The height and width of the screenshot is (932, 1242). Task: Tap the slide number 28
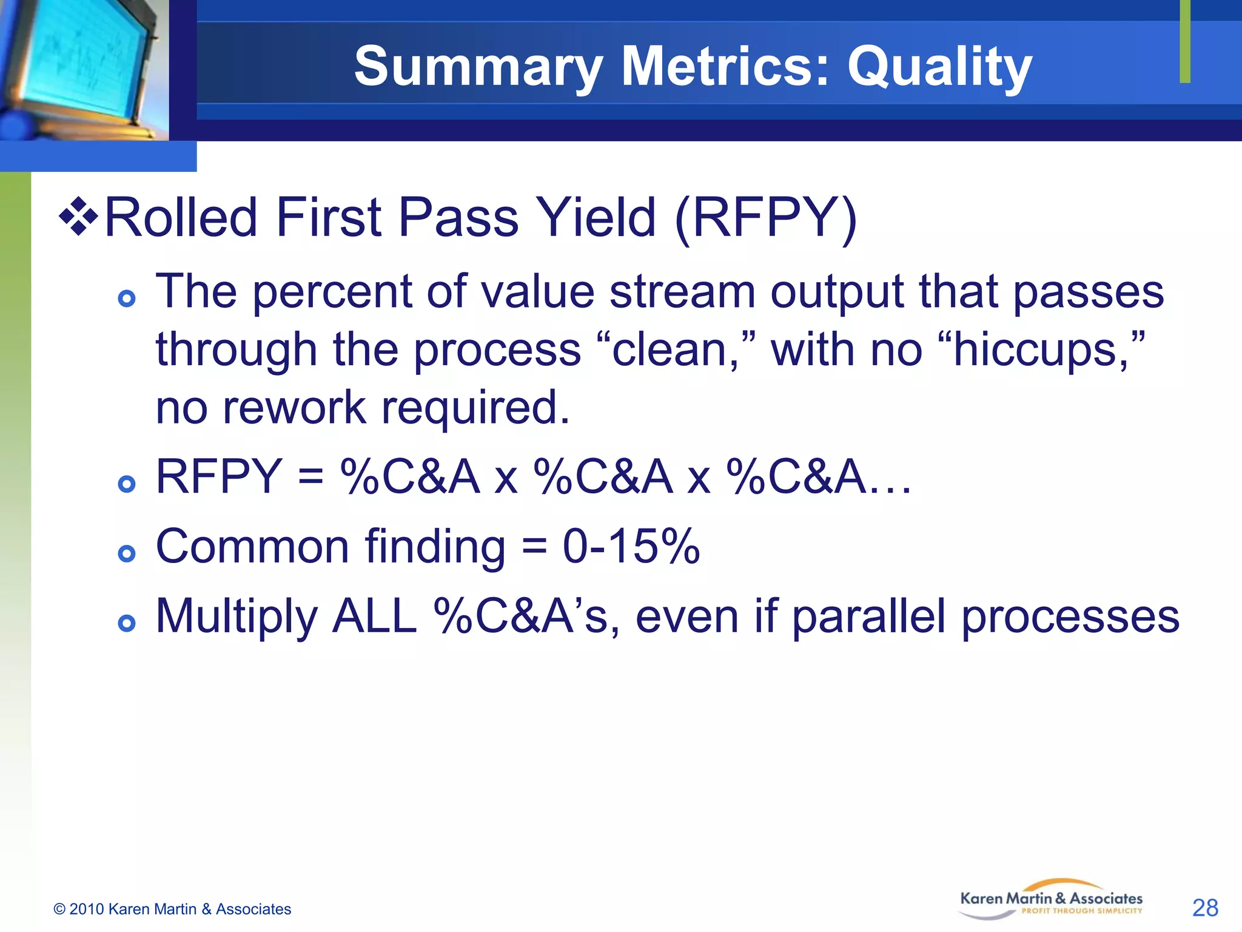[1204, 908]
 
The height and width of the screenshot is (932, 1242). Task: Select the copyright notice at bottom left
[172, 909]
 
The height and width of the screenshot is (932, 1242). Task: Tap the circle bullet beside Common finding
[127, 553]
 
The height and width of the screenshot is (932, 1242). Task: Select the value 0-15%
[631, 546]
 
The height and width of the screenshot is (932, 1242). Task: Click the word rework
[294, 408]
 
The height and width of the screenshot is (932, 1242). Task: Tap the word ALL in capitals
[375, 616]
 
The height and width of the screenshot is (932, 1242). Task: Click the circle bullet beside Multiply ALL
[127, 623]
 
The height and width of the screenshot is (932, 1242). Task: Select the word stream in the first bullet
[682, 292]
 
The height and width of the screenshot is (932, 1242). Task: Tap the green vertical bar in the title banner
[1184, 41]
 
